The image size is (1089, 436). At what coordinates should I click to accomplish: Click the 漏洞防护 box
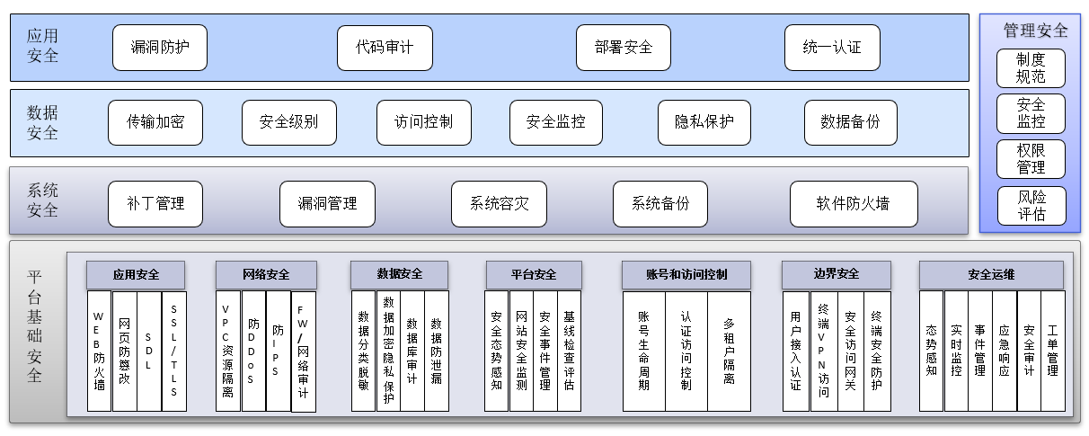coord(160,48)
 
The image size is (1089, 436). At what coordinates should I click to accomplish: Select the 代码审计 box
coord(385,48)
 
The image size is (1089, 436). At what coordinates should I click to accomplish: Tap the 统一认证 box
coord(832,48)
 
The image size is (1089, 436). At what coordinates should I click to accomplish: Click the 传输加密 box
coord(155,122)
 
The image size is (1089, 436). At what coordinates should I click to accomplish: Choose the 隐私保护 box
coord(704,122)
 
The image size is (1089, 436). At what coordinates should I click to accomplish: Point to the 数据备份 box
coord(850,122)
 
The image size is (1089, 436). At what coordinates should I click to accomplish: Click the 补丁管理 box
coord(155,204)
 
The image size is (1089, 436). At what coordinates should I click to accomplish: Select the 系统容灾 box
coord(499,204)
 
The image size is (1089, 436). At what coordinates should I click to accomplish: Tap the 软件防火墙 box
coord(854,204)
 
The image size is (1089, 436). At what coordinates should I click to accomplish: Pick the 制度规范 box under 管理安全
coord(1031,68)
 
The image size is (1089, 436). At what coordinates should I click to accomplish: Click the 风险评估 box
coord(1031,206)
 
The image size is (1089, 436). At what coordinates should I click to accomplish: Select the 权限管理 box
coord(1031,159)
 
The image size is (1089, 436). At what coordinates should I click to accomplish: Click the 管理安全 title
coord(1036,31)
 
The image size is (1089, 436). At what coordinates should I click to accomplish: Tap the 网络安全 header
coord(266,274)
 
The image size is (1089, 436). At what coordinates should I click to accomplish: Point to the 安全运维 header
coord(991,274)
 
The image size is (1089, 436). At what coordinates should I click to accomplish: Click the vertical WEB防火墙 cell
coord(99,351)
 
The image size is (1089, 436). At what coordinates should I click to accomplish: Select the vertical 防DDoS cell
coord(254,351)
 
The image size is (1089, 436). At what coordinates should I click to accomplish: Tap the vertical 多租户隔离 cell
coord(729,351)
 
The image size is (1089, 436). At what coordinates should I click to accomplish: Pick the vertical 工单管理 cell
coord(1053,351)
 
